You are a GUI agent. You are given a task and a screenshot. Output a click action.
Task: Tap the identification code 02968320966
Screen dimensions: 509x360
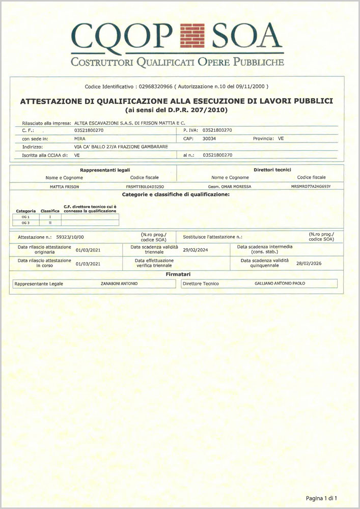[x=156, y=87]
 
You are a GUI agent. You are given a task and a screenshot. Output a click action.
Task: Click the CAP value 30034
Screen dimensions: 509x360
[x=209, y=138]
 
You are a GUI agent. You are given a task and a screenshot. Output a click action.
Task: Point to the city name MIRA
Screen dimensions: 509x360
[x=80, y=138]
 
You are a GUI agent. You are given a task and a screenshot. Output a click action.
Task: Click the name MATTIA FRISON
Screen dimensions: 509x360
[x=61, y=187]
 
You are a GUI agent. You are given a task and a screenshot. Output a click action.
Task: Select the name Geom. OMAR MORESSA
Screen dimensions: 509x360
[x=230, y=187]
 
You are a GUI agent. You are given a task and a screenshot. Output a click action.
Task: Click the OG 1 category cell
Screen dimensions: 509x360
[x=26, y=217]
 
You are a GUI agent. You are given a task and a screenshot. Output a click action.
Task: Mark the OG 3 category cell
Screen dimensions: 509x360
[x=26, y=222]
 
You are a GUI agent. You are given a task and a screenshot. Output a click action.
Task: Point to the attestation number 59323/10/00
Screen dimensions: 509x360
[x=70, y=237]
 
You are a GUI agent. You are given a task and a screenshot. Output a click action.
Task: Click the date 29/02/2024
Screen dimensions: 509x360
[x=197, y=249]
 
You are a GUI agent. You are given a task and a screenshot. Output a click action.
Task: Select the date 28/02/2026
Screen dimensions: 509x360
[x=309, y=264]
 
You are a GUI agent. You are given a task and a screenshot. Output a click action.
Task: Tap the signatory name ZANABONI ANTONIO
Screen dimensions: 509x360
[x=119, y=284]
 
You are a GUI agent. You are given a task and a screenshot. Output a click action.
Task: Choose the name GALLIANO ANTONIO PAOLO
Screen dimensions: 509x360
[x=280, y=284]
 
